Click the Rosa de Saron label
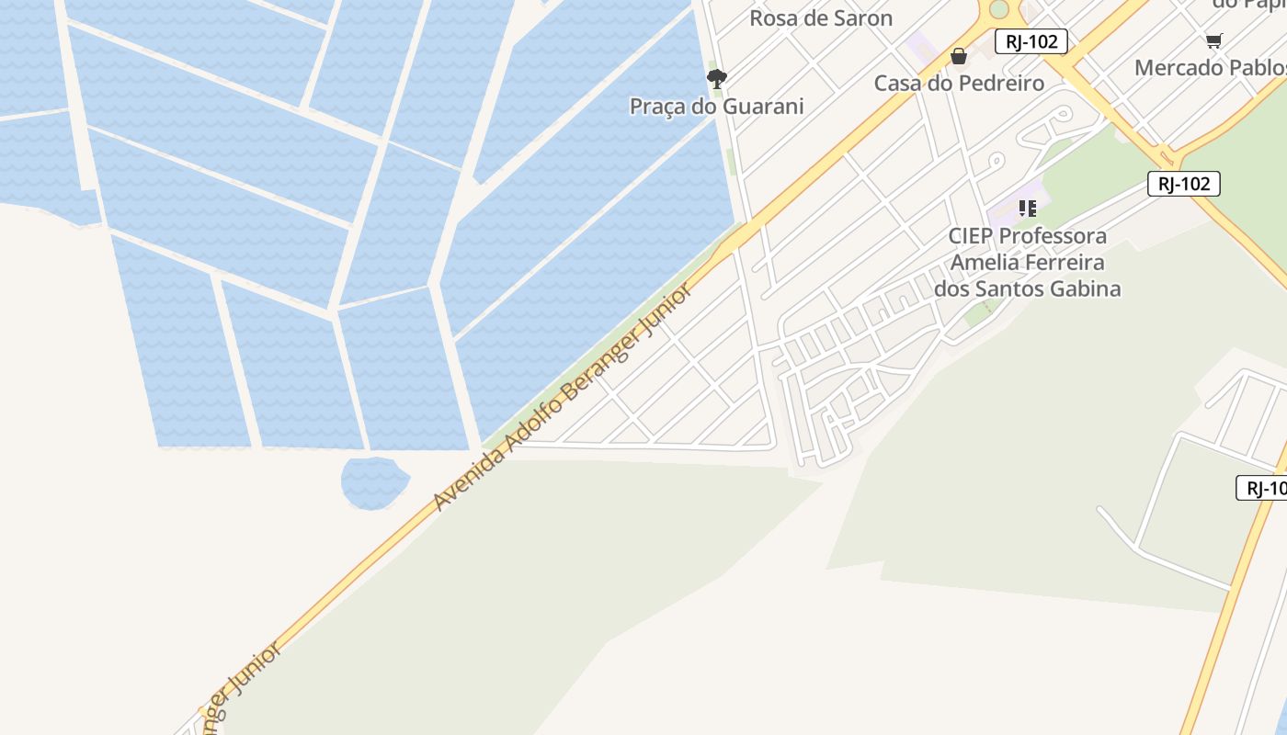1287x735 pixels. pos(821,18)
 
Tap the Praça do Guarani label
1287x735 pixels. pos(717,107)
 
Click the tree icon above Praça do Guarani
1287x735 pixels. pos(717,78)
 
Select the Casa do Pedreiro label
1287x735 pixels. pos(959,84)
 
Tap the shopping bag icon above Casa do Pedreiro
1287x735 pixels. pos(959,56)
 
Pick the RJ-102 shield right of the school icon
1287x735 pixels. pos(1183,184)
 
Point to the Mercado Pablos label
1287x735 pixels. pos(1210,68)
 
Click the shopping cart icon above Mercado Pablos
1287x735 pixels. pos(1214,40)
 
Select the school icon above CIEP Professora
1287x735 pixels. pos(1027,209)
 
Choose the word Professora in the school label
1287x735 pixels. pos(1054,236)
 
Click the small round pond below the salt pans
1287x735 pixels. pos(374,481)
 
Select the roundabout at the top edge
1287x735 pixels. pos(998,9)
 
